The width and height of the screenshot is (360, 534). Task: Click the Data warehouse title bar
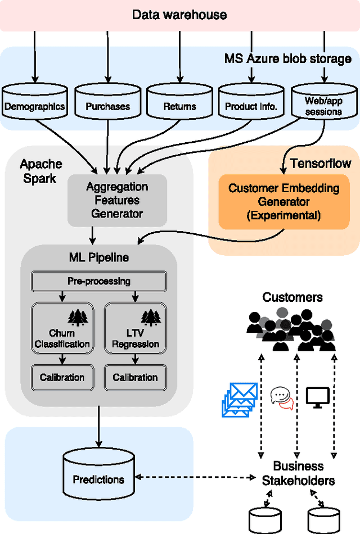(179, 15)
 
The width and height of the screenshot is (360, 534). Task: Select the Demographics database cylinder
(35, 102)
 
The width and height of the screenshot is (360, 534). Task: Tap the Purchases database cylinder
(107, 102)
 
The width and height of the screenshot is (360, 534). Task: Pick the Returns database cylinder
(179, 102)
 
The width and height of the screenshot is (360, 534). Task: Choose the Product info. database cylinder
(251, 102)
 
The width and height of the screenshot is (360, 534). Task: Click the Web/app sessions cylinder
(323, 102)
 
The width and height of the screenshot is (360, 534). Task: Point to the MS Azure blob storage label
(288, 58)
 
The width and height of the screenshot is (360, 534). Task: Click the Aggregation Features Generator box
(117, 200)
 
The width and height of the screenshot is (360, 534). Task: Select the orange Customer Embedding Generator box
(284, 201)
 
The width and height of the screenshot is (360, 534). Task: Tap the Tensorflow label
(321, 164)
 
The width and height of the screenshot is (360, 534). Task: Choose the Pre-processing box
(98, 281)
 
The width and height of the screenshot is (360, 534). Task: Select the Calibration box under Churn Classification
(62, 377)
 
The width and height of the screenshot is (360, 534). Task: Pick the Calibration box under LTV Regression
(136, 377)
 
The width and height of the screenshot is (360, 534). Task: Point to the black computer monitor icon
(318, 397)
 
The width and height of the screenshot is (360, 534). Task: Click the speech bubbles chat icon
(282, 398)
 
